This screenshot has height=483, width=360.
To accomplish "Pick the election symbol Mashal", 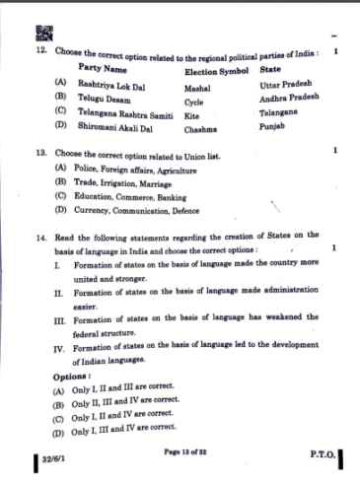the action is point(198,88).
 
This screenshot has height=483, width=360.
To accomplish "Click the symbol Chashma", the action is point(200,129).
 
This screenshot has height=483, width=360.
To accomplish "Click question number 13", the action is point(38,155).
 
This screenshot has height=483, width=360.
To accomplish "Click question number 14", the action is point(39,238).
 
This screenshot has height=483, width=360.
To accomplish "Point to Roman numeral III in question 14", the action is point(59,320).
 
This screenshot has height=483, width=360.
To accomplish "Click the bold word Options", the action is point(72,376).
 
